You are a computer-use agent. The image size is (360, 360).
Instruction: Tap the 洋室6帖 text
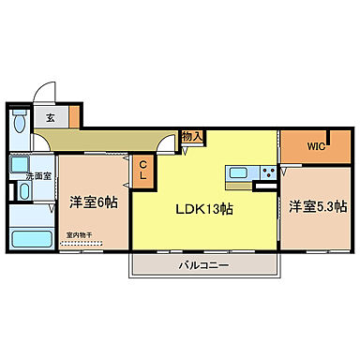click(x=93, y=201)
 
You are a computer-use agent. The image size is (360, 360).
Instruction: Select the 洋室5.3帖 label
click(x=317, y=205)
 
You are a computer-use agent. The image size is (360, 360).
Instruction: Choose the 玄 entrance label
click(x=50, y=117)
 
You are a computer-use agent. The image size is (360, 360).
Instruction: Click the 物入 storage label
click(x=191, y=137)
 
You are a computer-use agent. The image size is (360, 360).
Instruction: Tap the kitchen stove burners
click(x=267, y=172)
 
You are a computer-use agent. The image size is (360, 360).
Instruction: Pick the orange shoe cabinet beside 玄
click(x=73, y=117)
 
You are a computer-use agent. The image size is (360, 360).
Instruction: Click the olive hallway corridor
click(x=103, y=142)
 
